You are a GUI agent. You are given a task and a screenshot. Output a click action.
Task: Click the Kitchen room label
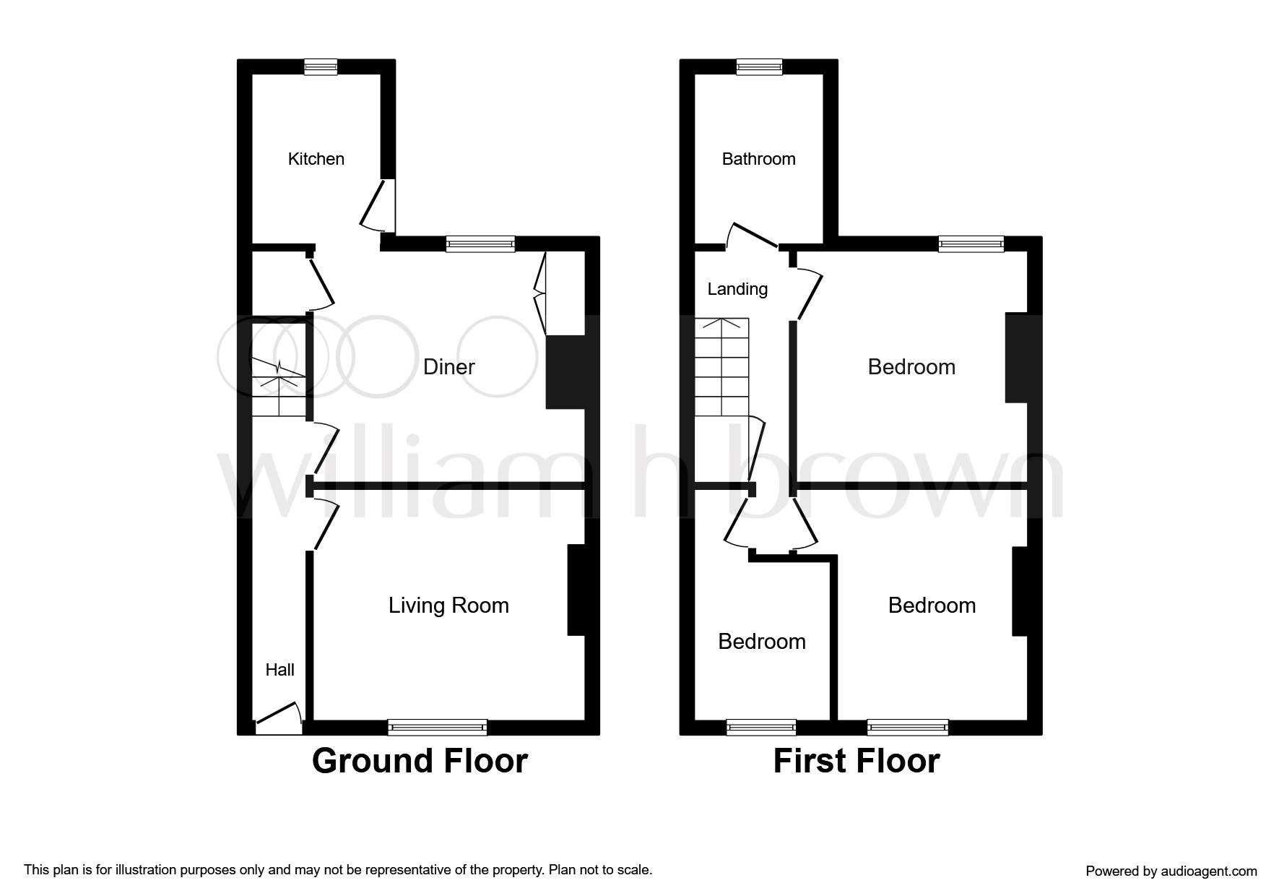click(316, 159)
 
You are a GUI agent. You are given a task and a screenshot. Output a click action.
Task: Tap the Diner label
click(448, 367)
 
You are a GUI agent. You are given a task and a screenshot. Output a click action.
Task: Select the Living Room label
click(448, 606)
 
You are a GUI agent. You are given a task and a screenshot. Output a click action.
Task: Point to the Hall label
click(279, 670)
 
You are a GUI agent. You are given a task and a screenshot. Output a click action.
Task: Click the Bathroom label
click(758, 159)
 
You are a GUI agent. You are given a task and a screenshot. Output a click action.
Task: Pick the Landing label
click(737, 289)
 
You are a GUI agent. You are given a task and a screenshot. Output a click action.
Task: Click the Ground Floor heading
click(420, 761)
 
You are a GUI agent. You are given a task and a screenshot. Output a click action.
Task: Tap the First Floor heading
click(857, 761)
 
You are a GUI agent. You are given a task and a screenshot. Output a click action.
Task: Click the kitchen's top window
click(321, 66)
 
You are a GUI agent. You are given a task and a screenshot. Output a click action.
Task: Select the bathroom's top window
click(759, 66)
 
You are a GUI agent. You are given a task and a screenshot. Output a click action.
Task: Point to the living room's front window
click(438, 727)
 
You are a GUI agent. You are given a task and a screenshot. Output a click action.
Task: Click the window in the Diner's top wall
click(480, 244)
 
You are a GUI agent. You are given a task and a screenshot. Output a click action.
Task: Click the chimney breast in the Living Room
click(576, 590)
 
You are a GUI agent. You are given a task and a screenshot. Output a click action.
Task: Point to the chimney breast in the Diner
click(565, 372)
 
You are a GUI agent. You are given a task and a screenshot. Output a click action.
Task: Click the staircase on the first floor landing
click(721, 367)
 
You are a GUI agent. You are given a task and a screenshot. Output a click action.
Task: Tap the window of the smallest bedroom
click(761, 727)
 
